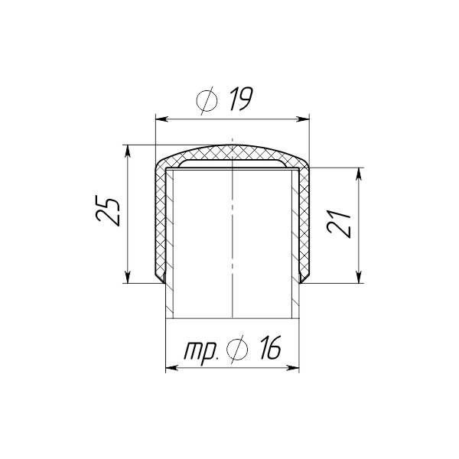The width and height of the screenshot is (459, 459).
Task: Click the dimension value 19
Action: [x=240, y=99]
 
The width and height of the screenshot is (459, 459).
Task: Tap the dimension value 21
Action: [x=339, y=223]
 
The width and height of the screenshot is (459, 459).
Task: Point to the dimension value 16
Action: [x=270, y=347]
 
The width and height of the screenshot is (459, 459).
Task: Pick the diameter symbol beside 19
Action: [x=207, y=101]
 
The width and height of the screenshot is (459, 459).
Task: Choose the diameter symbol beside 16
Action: [x=237, y=350]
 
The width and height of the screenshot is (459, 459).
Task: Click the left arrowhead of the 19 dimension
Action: [x=162, y=119]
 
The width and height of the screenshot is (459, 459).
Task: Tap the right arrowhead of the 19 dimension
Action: [x=303, y=119]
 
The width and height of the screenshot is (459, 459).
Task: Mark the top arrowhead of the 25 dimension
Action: [x=127, y=151]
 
